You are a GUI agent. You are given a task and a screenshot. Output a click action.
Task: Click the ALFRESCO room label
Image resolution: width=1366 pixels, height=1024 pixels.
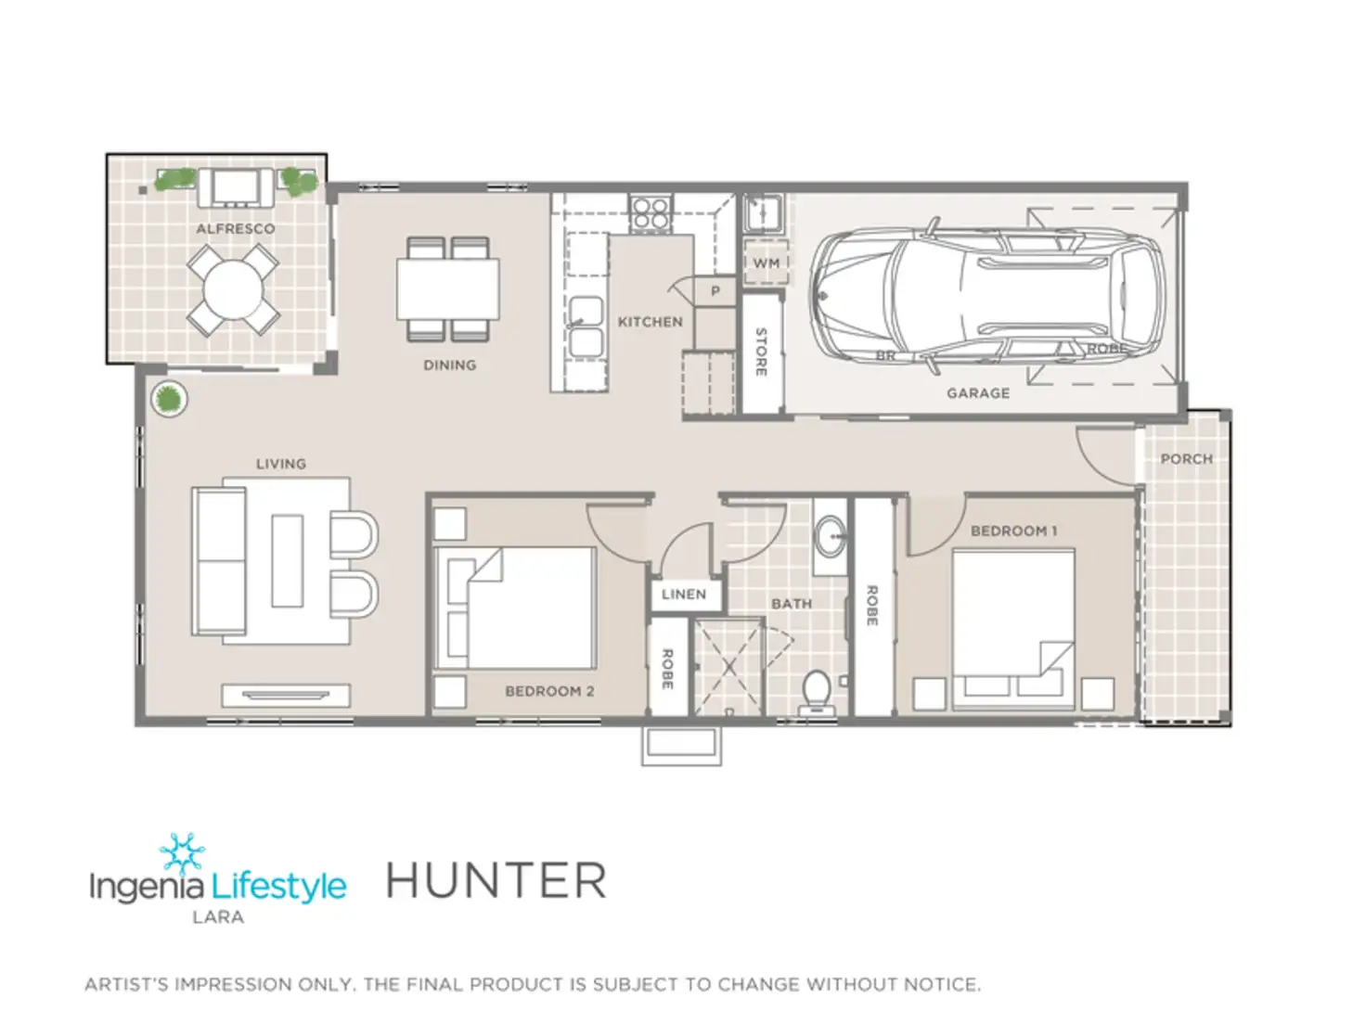[x=235, y=228]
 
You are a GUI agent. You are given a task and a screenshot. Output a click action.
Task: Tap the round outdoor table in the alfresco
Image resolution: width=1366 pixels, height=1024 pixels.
[x=233, y=289]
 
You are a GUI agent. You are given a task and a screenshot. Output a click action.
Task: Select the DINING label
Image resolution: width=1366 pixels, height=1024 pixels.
[x=449, y=365]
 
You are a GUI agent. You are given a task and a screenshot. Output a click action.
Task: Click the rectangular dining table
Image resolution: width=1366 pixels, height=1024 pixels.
[x=448, y=288]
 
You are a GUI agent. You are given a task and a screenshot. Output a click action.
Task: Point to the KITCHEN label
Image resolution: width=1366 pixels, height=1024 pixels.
[x=650, y=322]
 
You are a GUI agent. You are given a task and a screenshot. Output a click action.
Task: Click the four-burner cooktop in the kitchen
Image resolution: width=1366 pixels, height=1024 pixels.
[x=650, y=212]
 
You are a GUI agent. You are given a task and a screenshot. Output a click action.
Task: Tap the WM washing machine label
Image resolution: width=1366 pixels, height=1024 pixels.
[x=766, y=263]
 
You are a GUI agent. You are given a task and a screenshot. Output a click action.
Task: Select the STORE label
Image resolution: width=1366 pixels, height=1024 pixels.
[x=761, y=352]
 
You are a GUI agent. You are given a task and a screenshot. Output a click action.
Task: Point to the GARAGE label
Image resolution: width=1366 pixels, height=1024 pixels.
[x=978, y=393]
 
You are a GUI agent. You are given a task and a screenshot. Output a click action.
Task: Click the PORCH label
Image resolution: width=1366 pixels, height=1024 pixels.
[x=1186, y=459]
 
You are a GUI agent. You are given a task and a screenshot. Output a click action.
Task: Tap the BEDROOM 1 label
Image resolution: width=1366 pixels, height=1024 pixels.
[x=1013, y=531]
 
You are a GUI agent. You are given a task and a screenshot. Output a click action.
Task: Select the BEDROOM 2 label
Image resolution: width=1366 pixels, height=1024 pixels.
[x=549, y=691]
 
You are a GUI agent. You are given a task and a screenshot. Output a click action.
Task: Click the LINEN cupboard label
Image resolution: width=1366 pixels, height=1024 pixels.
[x=684, y=595]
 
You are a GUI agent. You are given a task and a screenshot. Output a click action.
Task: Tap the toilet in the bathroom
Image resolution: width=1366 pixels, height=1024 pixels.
[x=816, y=691]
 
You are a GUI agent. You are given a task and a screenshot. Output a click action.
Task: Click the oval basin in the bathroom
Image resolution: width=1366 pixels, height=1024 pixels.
[x=830, y=537]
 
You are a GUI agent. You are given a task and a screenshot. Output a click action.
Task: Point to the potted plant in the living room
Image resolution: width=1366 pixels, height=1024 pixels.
[x=168, y=400]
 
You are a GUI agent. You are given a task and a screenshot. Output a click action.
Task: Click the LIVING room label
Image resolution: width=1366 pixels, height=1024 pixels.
[x=280, y=464]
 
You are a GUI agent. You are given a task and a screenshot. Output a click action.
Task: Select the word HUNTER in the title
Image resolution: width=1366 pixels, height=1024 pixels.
[x=496, y=881]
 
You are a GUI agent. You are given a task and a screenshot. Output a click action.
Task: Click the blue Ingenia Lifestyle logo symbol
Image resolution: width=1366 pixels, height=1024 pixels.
[x=182, y=851]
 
